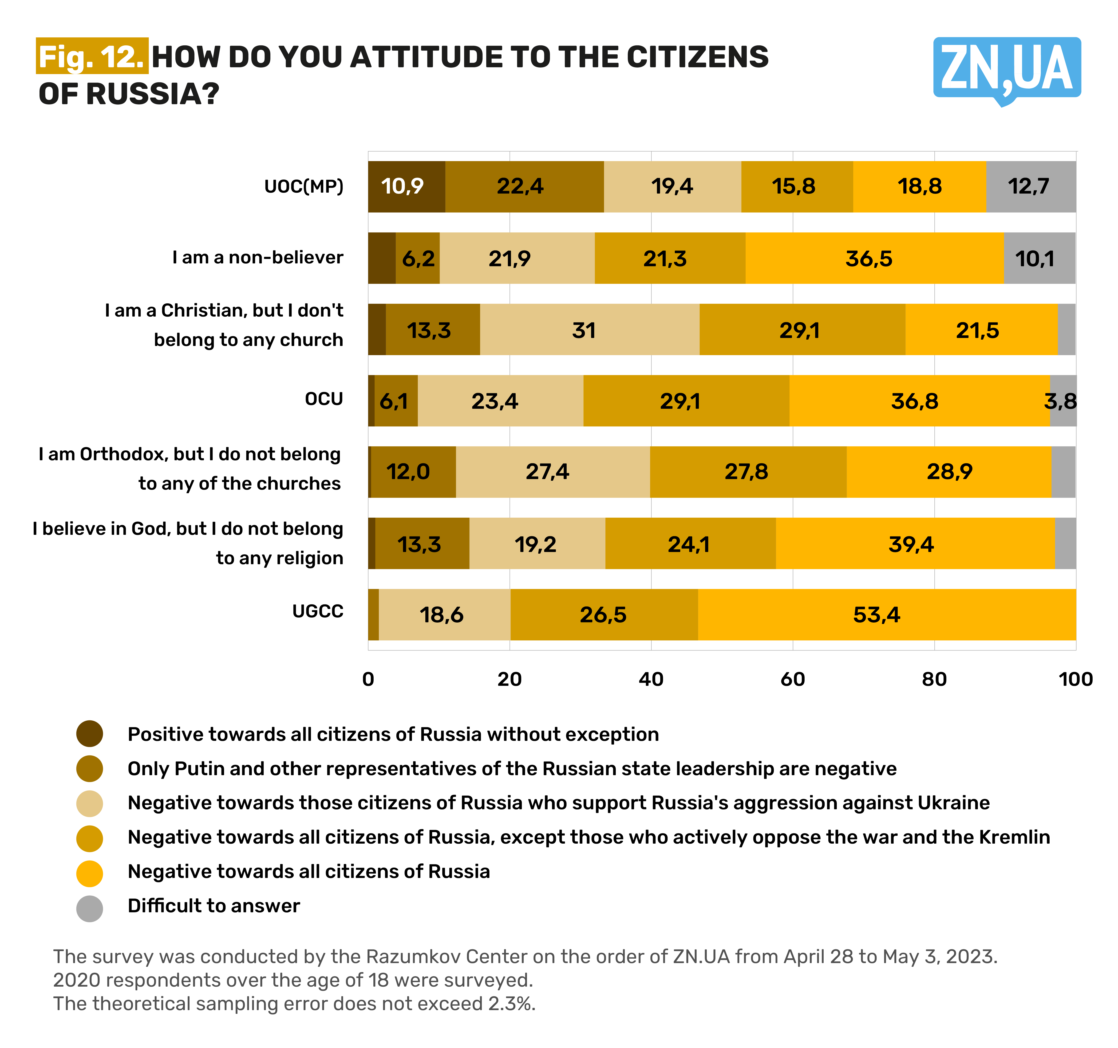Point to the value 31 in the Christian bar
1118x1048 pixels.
(584, 330)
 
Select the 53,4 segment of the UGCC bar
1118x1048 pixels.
(876, 615)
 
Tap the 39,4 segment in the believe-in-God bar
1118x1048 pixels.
(911, 544)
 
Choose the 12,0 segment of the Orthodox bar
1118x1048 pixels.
(408, 471)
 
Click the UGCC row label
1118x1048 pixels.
(318, 611)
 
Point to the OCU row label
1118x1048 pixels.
(324, 399)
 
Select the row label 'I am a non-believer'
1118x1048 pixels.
(257, 258)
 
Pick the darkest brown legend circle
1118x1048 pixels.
(89, 734)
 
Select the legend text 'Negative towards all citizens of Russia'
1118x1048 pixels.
(309, 871)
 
